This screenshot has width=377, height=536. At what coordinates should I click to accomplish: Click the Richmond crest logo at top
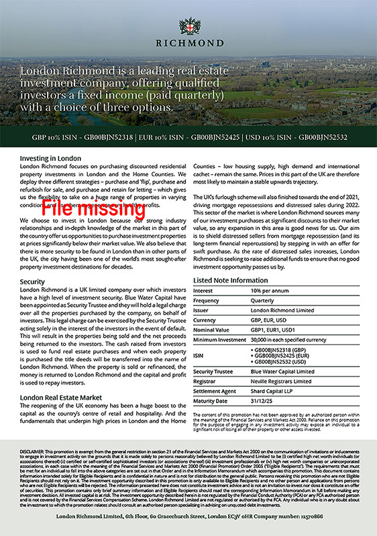pyautogui.click(x=188, y=27)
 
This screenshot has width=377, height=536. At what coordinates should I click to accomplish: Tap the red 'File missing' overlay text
pyautogui.click(x=93, y=208)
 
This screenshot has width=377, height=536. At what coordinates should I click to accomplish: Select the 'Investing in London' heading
pyautogui.click(x=51, y=158)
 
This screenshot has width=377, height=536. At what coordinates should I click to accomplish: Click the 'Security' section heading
pyautogui.click(x=32, y=281)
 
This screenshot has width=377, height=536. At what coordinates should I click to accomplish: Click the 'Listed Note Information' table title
pyautogui.click(x=230, y=280)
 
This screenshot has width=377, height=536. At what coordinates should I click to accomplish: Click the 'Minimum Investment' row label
pyautogui.click(x=219, y=342)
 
